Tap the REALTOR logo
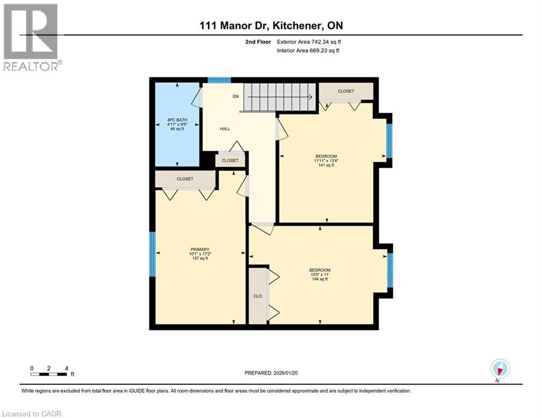click(x=32, y=37)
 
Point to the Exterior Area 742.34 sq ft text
click(x=309, y=41)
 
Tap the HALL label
click(x=225, y=129)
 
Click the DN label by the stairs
click(x=236, y=96)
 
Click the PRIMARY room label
click(x=200, y=250)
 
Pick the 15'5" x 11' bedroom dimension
click(x=320, y=275)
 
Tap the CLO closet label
click(x=258, y=296)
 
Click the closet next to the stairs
click(x=346, y=91)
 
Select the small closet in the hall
click(x=230, y=161)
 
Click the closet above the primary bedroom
click(x=185, y=179)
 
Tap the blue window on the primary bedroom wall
click(x=153, y=254)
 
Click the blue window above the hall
click(x=219, y=80)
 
